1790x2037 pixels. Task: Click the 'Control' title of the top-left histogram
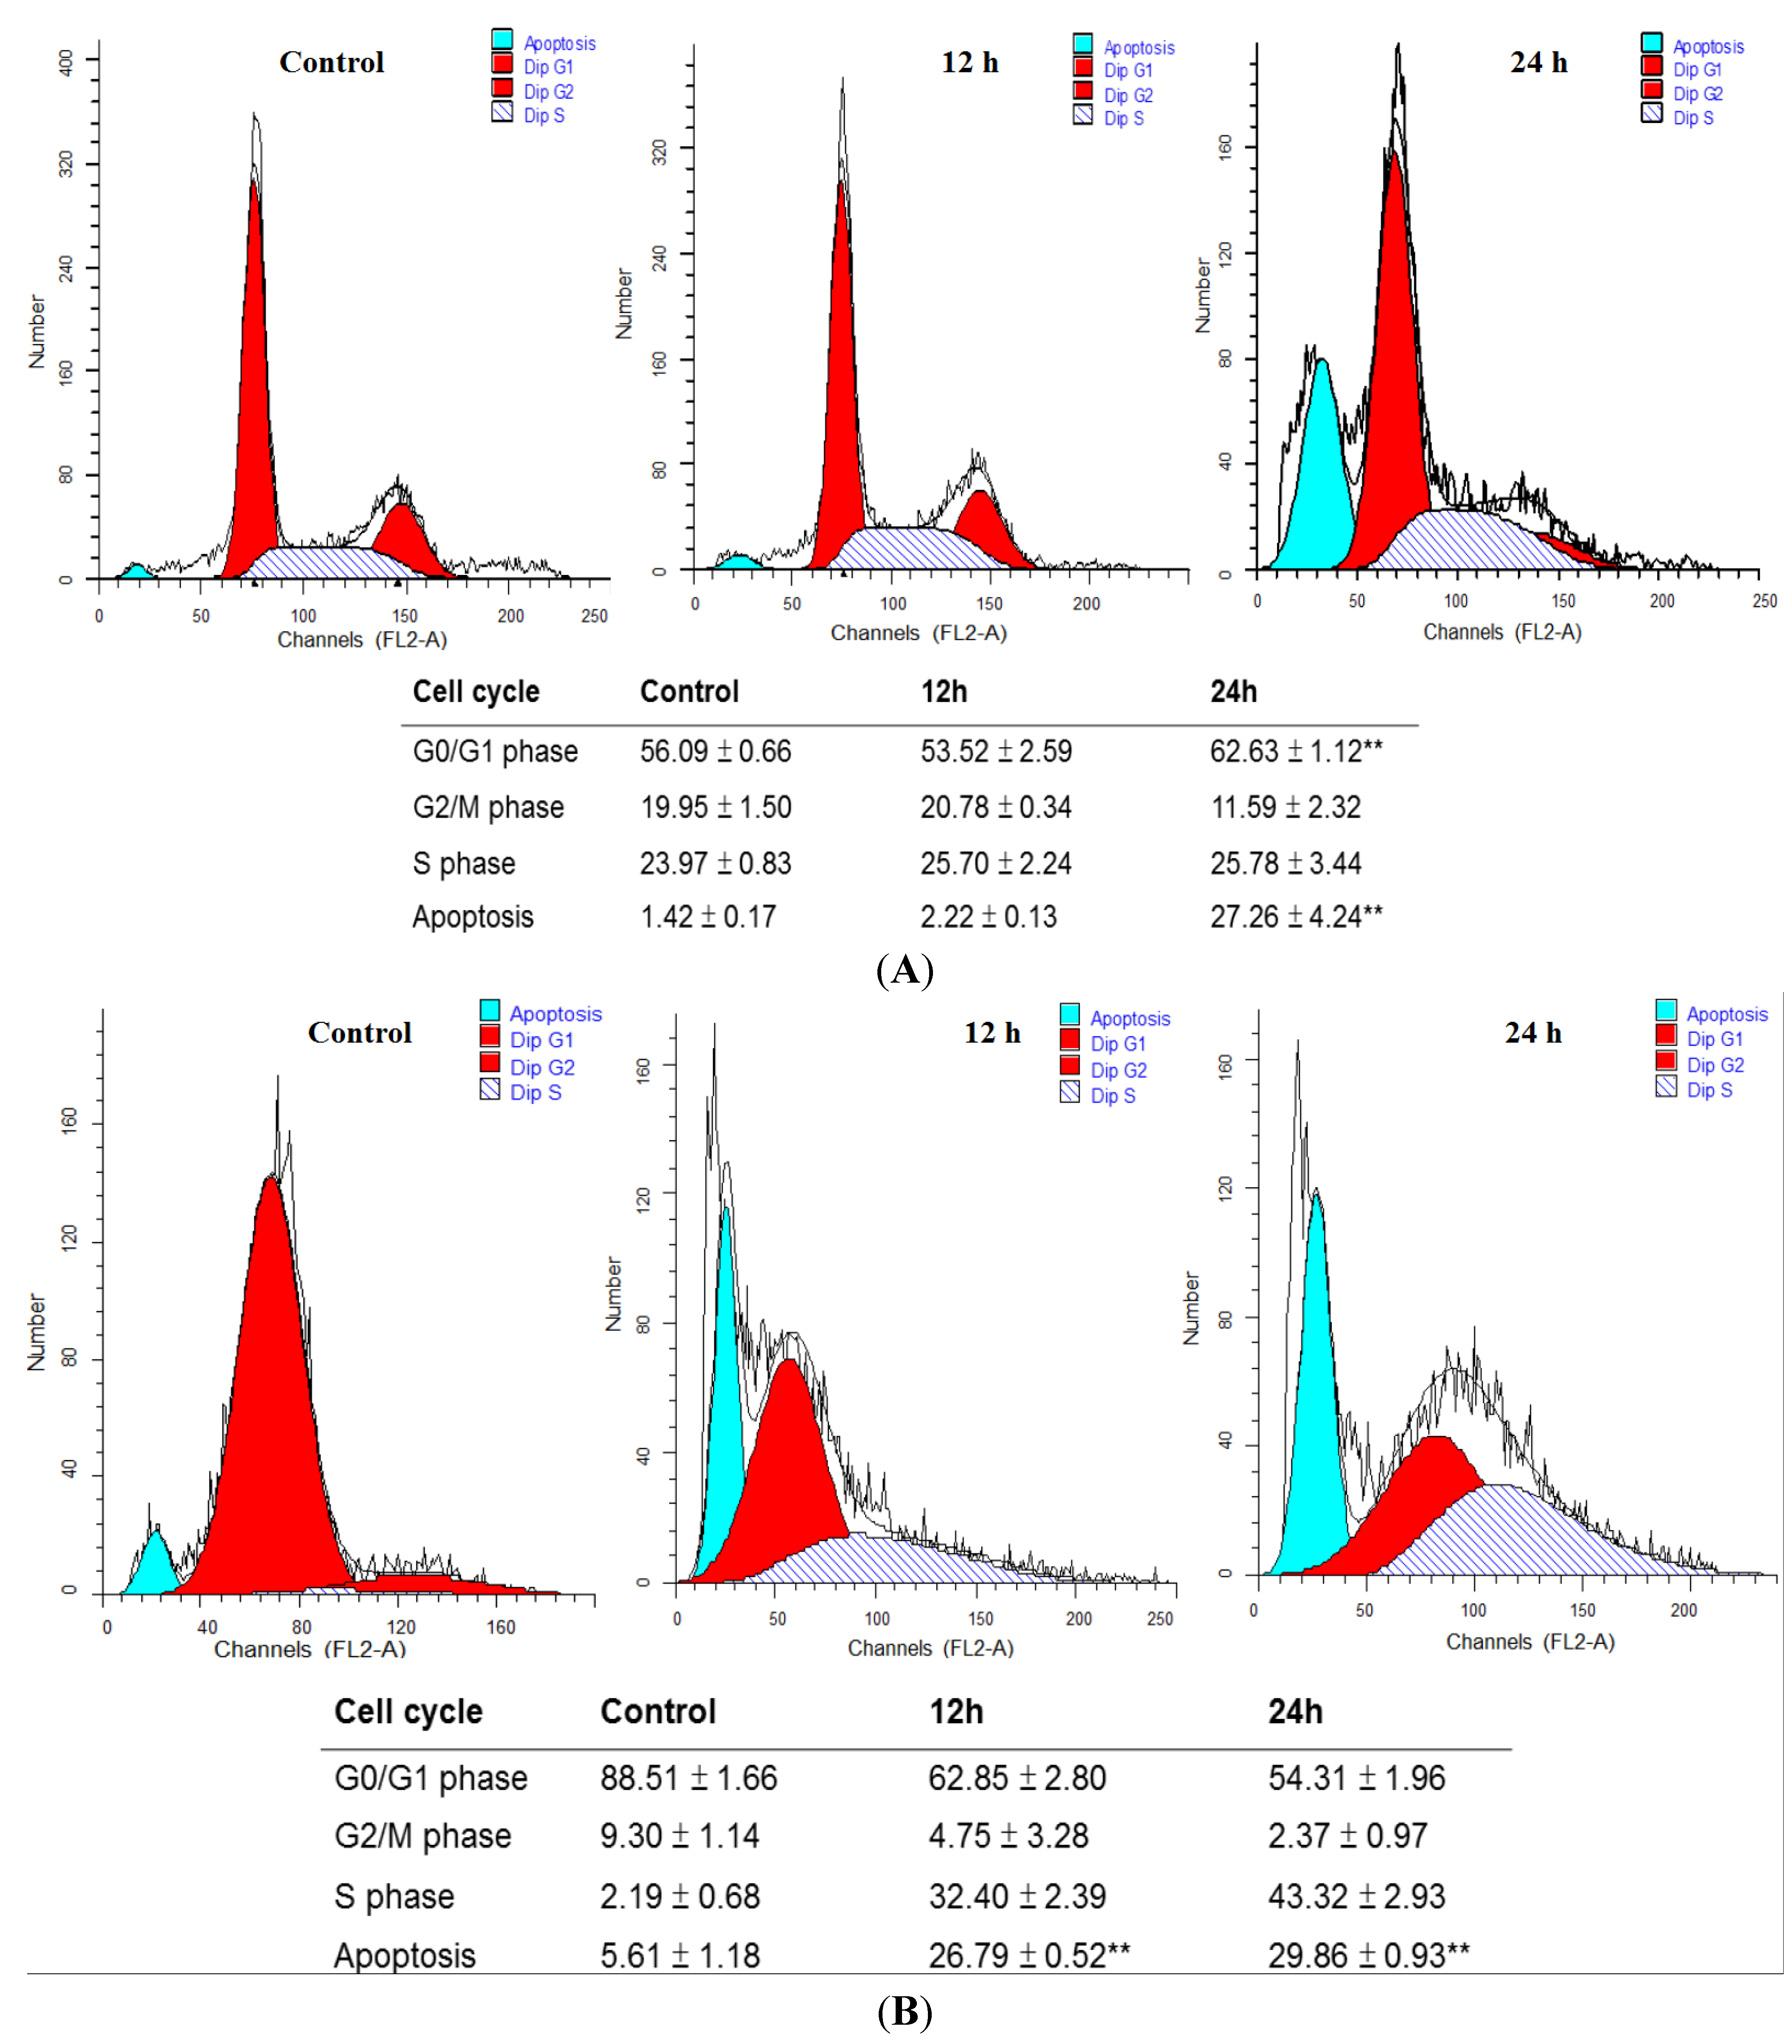point(331,62)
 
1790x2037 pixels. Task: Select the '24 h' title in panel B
point(1532,1032)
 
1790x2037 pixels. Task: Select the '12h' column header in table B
point(956,1711)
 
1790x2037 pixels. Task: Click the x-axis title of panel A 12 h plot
point(918,633)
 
